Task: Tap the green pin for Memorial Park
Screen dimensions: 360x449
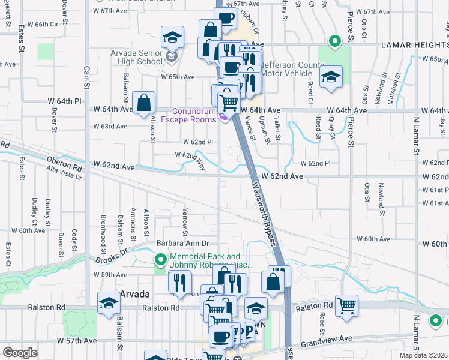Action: tap(160, 260)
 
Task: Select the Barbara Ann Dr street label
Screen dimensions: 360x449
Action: tap(182, 244)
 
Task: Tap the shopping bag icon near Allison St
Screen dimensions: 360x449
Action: tap(144, 103)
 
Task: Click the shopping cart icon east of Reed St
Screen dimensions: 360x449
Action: tap(346, 305)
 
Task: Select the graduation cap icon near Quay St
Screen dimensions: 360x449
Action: tap(330, 77)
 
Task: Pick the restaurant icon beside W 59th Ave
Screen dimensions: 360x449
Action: tap(179, 281)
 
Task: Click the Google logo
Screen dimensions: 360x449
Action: tap(20, 353)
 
